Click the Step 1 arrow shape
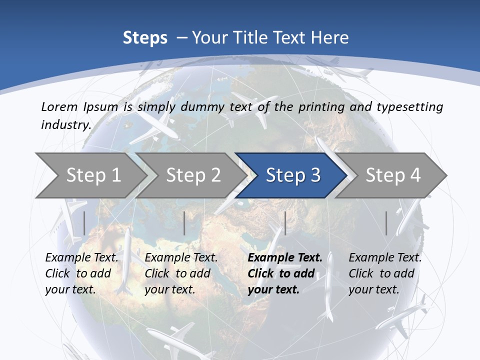[92, 175]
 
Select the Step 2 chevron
[193, 175]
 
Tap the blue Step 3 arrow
[292, 175]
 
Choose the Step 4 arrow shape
[393, 175]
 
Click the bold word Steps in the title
[145, 38]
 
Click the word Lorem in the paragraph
[59, 106]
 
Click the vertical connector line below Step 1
[84, 223]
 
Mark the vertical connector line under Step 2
[184, 223]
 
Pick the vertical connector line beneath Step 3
[285, 223]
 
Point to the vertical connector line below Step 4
[386, 223]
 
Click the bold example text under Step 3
[284, 273]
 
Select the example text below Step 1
[81, 273]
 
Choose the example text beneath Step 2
[181, 273]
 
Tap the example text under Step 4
[385, 273]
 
